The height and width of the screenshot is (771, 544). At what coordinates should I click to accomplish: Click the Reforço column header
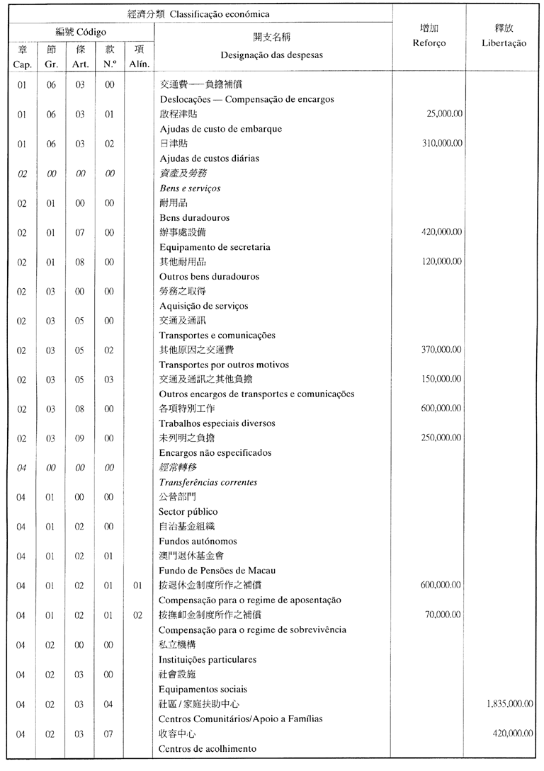click(x=429, y=43)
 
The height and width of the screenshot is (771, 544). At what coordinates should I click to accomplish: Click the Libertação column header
click(x=506, y=43)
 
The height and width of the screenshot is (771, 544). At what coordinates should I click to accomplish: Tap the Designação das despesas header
click(x=271, y=55)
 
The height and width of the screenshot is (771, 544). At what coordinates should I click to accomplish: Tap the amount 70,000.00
click(x=445, y=615)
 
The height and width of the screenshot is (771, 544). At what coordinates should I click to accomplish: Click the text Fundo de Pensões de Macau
click(x=217, y=571)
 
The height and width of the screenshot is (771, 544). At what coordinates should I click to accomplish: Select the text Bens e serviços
click(x=190, y=188)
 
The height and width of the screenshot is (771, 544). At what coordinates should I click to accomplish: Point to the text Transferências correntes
click(x=208, y=483)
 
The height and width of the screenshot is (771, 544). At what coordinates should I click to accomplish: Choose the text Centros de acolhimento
click(x=207, y=748)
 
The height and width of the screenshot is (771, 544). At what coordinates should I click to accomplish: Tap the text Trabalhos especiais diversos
click(x=217, y=423)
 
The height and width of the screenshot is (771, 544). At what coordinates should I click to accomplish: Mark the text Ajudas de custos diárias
click(x=209, y=159)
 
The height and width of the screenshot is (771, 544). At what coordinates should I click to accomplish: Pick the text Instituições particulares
click(x=207, y=660)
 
